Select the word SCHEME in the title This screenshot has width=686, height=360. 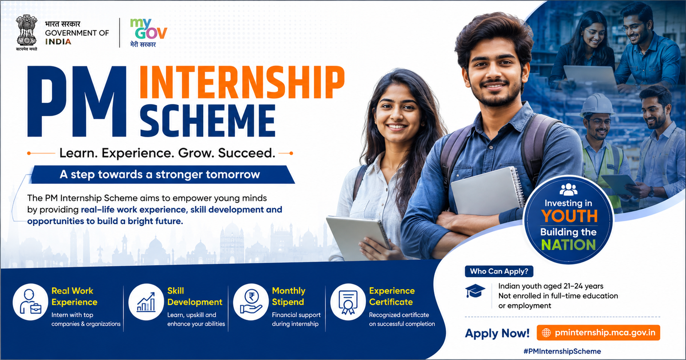pyautogui.click(x=208, y=120)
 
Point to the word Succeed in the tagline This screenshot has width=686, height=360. pyautogui.click(x=247, y=153)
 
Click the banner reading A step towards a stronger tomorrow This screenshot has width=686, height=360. pyautogui.click(x=162, y=174)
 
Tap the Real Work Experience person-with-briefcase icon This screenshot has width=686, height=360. pyautogui.click(x=30, y=302)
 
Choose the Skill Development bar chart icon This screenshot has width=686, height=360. pyautogui.click(x=146, y=302)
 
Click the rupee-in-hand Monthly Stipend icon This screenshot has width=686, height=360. pyautogui.click(x=251, y=302)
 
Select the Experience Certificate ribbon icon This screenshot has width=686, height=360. pyautogui.click(x=348, y=302)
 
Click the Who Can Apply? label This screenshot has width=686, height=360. pyautogui.click(x=499, y=272)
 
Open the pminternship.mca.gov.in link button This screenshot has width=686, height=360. pyautogui.click(x=599, y=333)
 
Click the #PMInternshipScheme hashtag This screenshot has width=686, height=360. pyautogui.click(x=562, y=351)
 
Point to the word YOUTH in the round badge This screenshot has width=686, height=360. pyautogui.click(x=569, y=216)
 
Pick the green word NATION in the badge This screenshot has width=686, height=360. pyautogui.click(x=569, y=245)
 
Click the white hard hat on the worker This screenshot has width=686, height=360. pyautogui.click(x=596, y=105)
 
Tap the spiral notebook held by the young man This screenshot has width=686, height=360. pyautogui.click(x=487, y=191)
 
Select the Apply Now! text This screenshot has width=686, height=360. pyautogui.click(x=497, y=333)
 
